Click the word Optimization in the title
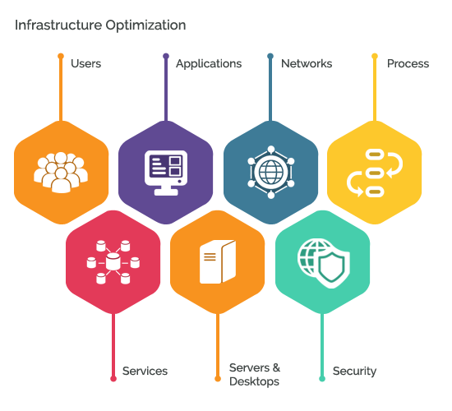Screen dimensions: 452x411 point(145,26)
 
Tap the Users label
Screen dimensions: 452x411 point(86,63)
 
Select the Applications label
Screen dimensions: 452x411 point(209,64)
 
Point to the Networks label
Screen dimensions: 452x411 point(307,63)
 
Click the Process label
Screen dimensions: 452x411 point(408,64)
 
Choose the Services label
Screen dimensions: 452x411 point(145,371)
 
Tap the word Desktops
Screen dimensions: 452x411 point(254,381)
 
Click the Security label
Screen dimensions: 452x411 point(354,372)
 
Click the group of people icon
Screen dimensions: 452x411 point(61,173)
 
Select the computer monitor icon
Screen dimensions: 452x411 point(166,173)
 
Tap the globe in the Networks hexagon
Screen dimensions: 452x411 point(271,172)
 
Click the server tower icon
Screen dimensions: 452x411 point(218,261)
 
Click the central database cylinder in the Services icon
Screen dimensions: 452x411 point(113,261)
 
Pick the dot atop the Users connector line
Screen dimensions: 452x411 point(61,56)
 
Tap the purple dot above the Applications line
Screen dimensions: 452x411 point(166,56)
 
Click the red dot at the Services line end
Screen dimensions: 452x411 point(113,378)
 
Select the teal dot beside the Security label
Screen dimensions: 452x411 point(322,378)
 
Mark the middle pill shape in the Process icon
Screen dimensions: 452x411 point(375,173)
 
